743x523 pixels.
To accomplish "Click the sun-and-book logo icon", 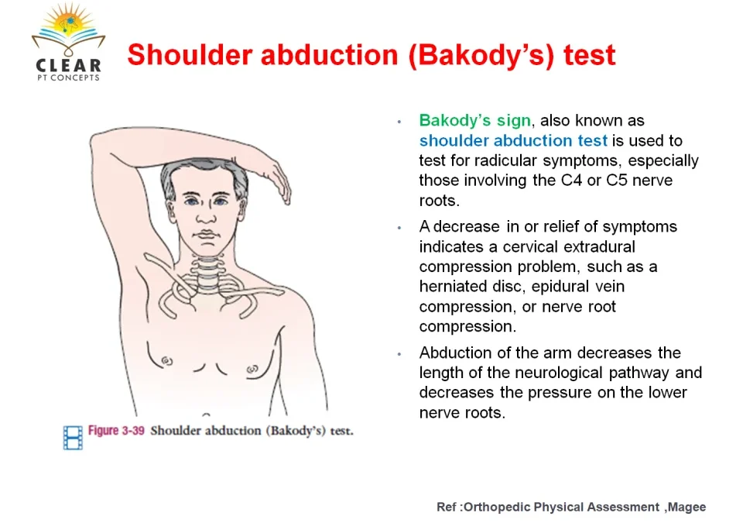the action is click(69, 29).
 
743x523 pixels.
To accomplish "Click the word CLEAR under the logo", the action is click(68, 65).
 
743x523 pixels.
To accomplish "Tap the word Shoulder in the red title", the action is click(190, 54).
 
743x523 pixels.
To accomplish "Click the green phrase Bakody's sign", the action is click(474, 121).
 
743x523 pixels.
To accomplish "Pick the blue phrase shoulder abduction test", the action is click(513, 140).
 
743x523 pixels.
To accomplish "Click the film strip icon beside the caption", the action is click(73, 437).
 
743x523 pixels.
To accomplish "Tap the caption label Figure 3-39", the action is click(116, 431).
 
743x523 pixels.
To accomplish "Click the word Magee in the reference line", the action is click(687, 508).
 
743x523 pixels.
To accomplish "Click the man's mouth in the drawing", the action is click(207, 235).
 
